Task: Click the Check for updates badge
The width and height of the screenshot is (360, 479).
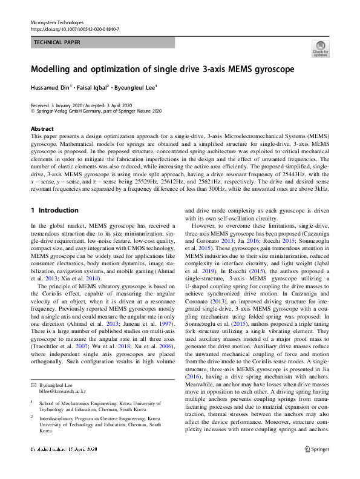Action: [x=319, y=48]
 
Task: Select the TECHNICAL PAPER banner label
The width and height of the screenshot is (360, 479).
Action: [x=58, y=43]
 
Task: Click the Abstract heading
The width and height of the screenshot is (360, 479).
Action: [x=42, y=129]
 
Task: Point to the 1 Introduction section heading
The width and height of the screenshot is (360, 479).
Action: [x=54, y=210]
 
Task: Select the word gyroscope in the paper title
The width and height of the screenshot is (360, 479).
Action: [x=269, y=69]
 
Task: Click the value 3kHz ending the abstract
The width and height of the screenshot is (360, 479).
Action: [x=321, y=188]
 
